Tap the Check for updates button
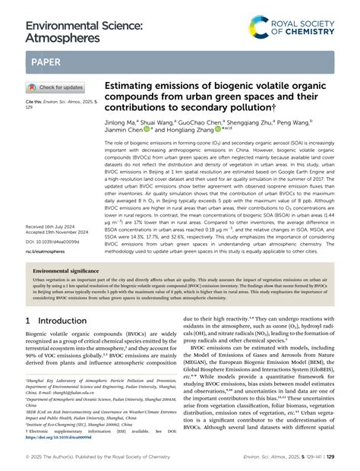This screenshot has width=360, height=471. coord(58,87)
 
